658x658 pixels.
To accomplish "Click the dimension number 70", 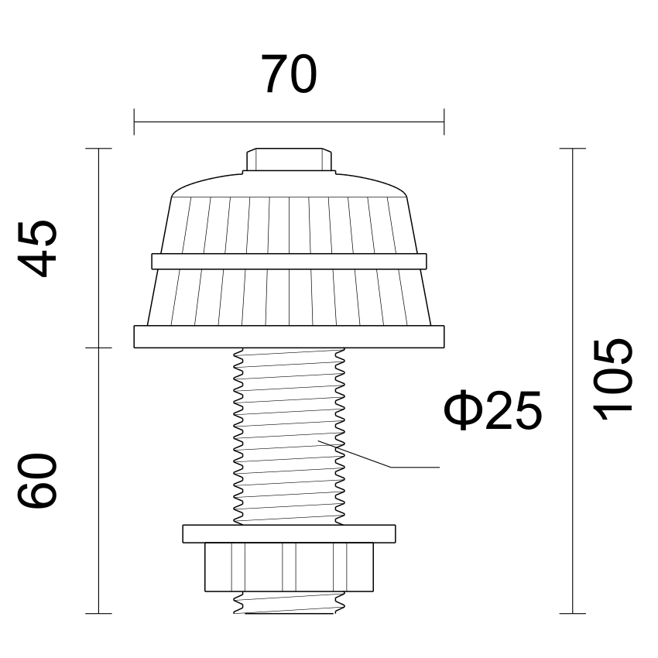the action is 290,74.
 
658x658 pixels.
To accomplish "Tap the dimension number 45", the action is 37,248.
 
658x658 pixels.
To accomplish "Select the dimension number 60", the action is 37,481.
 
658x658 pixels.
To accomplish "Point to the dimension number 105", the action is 612,379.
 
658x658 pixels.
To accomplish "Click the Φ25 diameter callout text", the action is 492,410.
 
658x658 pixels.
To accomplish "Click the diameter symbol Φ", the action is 461,410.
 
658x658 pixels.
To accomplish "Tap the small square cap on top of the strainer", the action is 290,159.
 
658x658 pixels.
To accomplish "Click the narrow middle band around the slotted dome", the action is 290,262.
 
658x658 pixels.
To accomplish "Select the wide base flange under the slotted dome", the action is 290,337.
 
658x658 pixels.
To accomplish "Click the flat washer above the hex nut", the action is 290,534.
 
